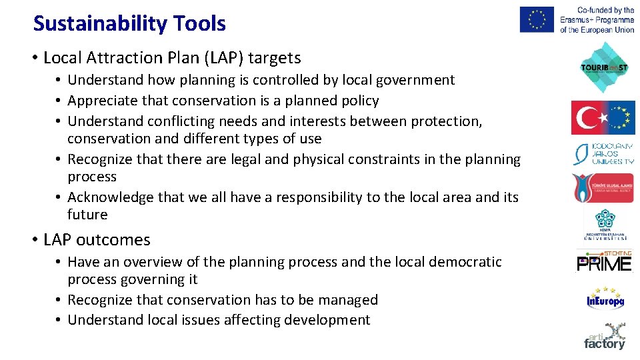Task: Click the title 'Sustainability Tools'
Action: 129,24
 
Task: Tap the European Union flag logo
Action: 537,19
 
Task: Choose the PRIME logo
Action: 603,263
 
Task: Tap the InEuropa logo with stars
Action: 605,299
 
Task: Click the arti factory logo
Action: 605,336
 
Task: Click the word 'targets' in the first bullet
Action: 275,58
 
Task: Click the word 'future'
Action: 87,215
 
